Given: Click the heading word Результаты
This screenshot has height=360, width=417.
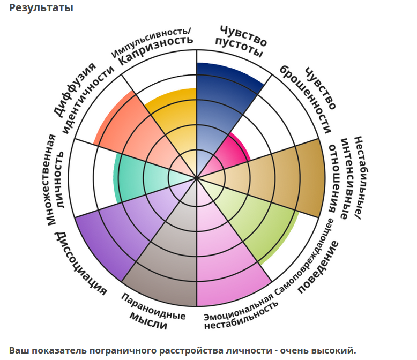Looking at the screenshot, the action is pos(41,8).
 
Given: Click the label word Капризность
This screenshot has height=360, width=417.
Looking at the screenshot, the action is pos(156,50).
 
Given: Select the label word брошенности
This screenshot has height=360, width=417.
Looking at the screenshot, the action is pos(306,99).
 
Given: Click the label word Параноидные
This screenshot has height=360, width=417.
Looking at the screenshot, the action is pos(153,306).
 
